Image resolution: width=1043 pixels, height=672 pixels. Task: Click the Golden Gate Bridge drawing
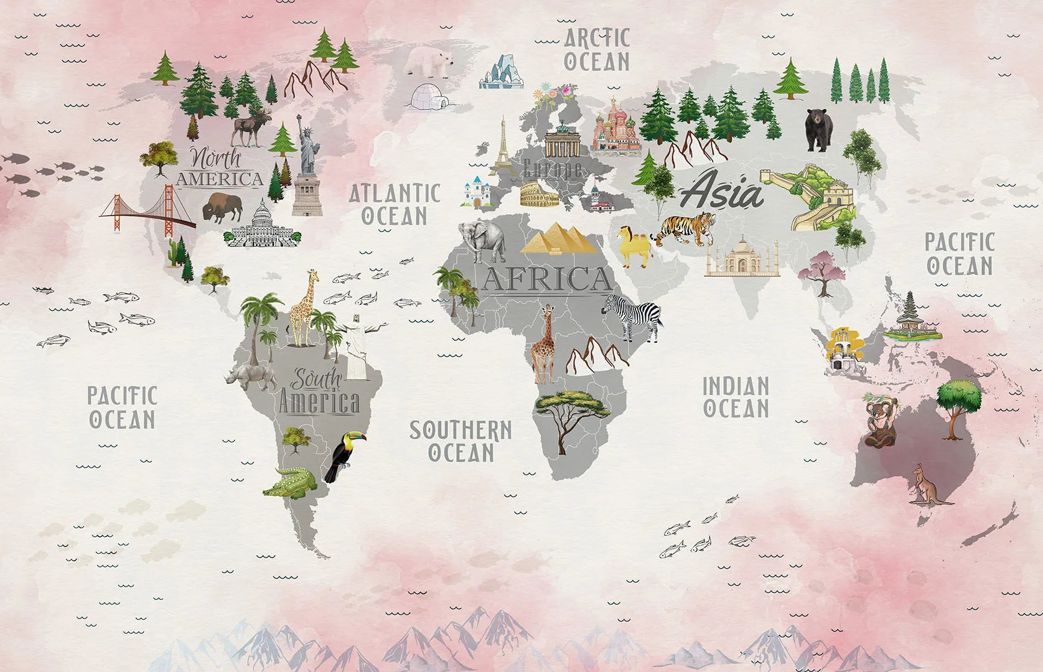click(x=148, y=212)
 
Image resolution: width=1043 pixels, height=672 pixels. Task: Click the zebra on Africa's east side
click(x=634, y=316)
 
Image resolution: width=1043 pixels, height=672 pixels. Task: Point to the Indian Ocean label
click(x=736, y=397)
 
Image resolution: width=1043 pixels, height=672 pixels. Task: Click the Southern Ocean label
click(x=460, y=441)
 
